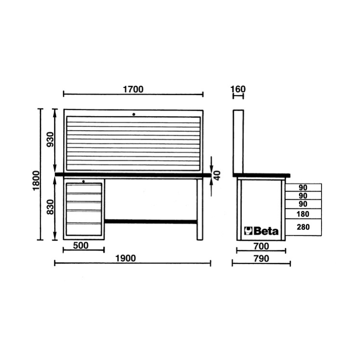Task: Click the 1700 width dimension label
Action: (x=133, y=89)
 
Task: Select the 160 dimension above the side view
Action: (x=238, y=89)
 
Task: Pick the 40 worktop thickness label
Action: (x=217, y=175)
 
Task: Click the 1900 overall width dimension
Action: (x=132, y=258)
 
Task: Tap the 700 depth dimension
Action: (x=261, y=246)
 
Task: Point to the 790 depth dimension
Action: (x=261, y=258)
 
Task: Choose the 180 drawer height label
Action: (x=303, y=214)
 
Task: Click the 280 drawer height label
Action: (x=303, y=227)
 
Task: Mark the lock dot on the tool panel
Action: (x=134, y=114)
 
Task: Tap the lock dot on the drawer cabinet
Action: (x=84, y=181)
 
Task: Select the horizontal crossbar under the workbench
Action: (x=150, y=222)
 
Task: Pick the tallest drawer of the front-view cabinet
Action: (x=84, y=229)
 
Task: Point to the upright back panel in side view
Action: (x=238, y=142)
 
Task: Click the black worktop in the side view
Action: (x=262, y=175)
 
